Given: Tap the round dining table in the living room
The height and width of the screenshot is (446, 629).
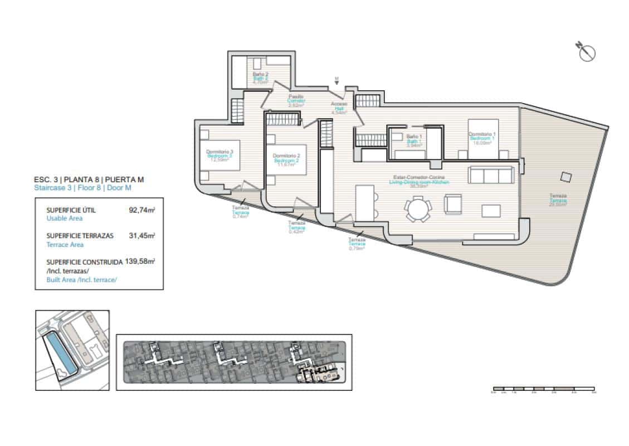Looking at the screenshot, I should [417, 211].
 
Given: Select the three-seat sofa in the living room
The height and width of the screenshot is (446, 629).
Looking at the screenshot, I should [492, 175].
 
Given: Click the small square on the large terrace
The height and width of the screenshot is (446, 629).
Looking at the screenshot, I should [565, 177].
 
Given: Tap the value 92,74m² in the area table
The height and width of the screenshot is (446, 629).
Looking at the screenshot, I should [142, 210].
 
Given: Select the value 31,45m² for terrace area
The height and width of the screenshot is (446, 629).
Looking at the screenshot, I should [142, 235].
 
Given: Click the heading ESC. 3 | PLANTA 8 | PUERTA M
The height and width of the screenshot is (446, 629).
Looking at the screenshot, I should [89, 180].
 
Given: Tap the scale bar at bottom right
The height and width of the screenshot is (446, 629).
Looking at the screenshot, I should [543, 389].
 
